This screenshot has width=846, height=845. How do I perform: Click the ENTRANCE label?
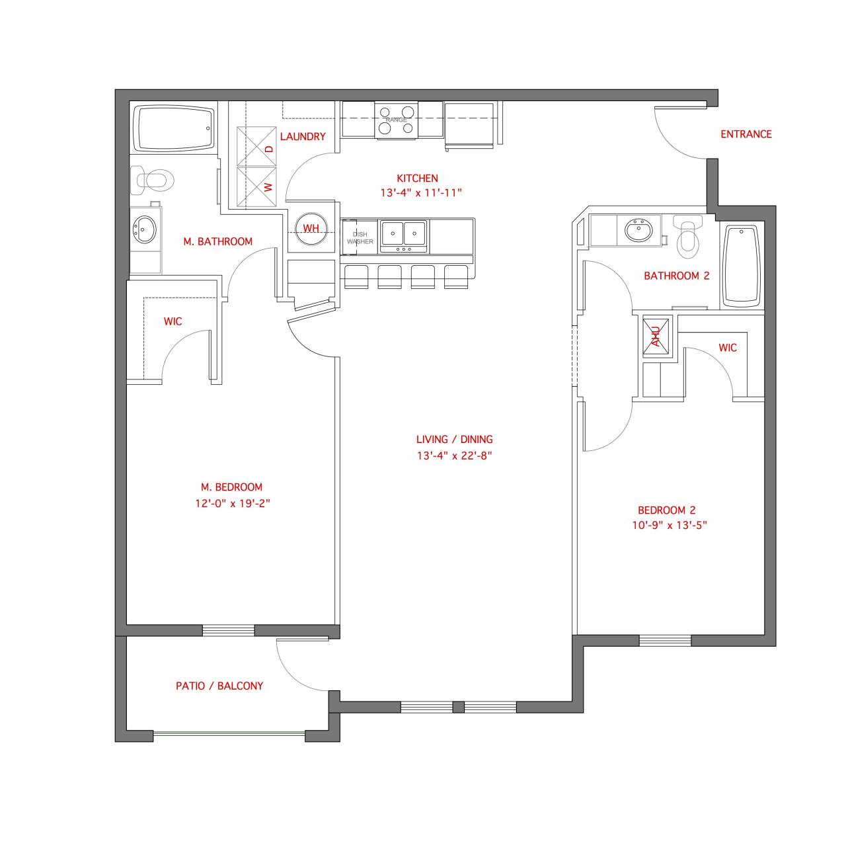click(746, 134)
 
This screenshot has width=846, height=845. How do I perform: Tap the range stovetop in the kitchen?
click(396, 120)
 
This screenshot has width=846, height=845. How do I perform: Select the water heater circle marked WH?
click(311, 228)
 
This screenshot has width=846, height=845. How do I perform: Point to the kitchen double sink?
click(404, 233)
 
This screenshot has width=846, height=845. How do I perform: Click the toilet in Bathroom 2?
click(688, 237)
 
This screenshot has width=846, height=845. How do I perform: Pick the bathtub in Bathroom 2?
click(742, 266)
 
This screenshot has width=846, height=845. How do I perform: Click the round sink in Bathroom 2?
click(638, 231)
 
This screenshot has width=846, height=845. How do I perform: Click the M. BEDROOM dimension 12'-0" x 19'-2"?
click(233, 503)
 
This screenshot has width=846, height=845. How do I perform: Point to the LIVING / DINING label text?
click(454, 439)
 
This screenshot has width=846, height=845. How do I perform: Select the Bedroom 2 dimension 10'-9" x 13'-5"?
click(666, 526)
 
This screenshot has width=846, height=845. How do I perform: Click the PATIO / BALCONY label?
click(219, 686)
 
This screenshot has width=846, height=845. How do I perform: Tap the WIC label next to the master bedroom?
click(173, 321)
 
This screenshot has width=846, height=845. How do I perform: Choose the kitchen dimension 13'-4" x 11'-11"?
click(420, 193)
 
